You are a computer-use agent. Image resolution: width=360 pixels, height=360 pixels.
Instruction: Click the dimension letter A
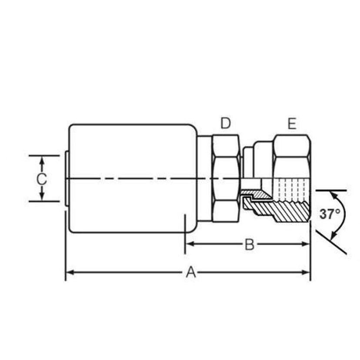click(x=190, y=273)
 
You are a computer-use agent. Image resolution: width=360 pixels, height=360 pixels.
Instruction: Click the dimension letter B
click(x=249, y=244)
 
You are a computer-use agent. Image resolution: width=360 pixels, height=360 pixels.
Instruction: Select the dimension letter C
click(x=42, y=179)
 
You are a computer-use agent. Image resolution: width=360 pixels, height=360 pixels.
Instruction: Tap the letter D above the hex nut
click(x=225, y=123)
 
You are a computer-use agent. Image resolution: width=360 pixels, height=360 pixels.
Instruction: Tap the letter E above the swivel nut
click(x=292, y=124)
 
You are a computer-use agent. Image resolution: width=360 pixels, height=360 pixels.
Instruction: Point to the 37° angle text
click(x=330, y=214)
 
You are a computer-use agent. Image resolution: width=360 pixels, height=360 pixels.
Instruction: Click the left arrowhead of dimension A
click(x=69, y=273)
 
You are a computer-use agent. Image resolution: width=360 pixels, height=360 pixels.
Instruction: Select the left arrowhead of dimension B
click(x=189, y=244)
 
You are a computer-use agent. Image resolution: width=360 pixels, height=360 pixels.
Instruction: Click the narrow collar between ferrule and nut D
click(x=204, y=178)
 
